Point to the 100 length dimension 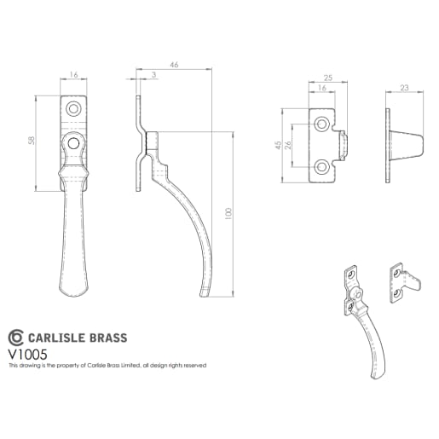tap(228, 214)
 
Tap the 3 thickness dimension tap(153, 76)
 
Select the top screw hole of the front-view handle tap(74, 109)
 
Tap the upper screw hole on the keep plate tap(321, 125)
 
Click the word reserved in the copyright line tap(193, 365)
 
